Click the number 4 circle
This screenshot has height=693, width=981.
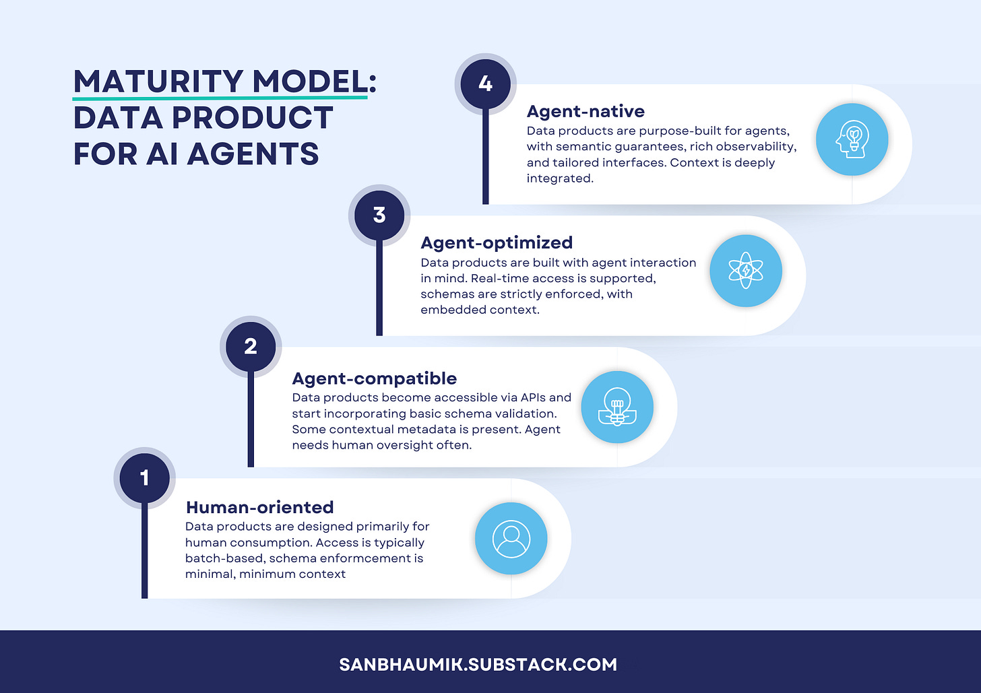click(x=485, y=84)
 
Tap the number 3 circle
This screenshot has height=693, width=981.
click(x=379, y=216)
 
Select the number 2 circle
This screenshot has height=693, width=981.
click(x=251, y=346)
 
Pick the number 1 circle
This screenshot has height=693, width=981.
click(x=144, y=477)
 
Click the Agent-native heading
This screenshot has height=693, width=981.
click(x=586, y=111)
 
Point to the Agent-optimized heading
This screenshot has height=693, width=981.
click(x=497, y=242)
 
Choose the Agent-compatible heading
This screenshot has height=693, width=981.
click(x=374, y=378)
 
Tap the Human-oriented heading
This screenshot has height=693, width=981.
click(x=259, y=507)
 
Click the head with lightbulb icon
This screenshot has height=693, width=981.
click(x=852, y=139)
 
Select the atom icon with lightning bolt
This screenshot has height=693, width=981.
click(x=746, y=271)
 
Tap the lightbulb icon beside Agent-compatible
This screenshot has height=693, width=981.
click(x=617, y=407)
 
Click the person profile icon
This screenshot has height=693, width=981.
click(x=511, y=539)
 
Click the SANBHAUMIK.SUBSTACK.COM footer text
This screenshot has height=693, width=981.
click(x=478, y=665)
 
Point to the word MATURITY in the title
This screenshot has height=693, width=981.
click(x=158, y=82)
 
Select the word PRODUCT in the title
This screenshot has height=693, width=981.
click(x=253, y=118)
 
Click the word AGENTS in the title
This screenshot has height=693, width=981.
click(x=253, y=154)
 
